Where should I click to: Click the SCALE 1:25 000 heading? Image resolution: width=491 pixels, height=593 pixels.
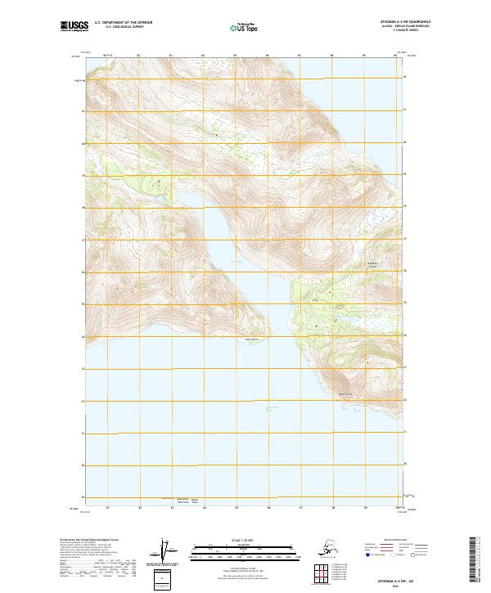click(x=243, y=541)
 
